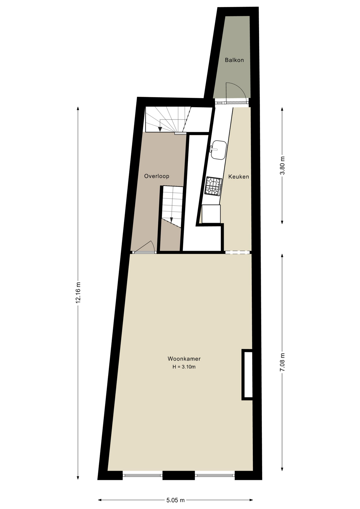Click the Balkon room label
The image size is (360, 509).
234,60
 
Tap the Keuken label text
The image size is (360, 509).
239,177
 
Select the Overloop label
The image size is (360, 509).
157,176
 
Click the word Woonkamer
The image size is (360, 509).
184,359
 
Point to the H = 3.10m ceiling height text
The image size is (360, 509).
184,367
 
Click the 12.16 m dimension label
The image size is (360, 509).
78,292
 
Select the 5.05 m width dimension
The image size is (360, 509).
175,500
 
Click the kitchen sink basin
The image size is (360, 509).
218,150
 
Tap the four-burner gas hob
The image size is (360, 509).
213,186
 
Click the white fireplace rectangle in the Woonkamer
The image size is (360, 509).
247,375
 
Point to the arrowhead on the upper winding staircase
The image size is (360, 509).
160,129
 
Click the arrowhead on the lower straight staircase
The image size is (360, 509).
172,220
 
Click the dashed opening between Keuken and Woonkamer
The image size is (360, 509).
238,252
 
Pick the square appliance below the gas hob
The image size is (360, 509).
211,214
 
